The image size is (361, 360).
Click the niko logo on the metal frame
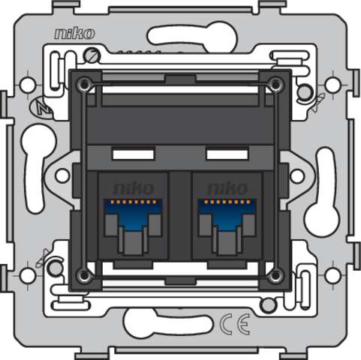[x=75, y=34]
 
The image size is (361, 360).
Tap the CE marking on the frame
[x=235, y=324]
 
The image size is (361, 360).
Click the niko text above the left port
[x=134, y=188]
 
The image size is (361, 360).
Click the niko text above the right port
[x=227, y=188]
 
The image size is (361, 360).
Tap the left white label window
[x=133, y=154]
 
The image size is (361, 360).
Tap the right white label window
[x=227, y=154]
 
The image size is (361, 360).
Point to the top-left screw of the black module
[x=84, y=84]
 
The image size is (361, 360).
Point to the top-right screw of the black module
[x=275, y=84]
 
